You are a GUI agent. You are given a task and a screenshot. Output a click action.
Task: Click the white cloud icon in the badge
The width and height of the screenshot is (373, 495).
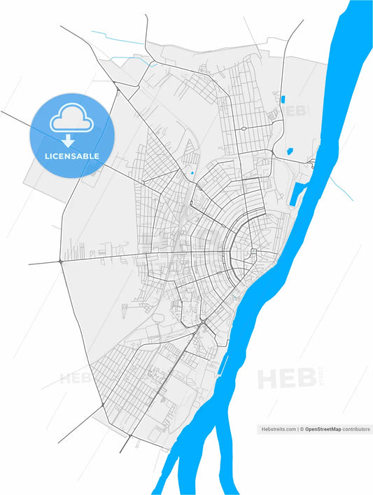pyautogui.click(x=71, y=122)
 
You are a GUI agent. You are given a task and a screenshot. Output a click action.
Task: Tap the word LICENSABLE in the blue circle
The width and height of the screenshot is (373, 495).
pyautogui.click(x=71, y=156)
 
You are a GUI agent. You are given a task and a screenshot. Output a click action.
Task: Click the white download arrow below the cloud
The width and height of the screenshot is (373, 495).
pyautogui.click(x=69, y=140)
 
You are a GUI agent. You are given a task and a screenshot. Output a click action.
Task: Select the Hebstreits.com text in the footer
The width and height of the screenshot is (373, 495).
pyautogui.click(x=277, y=429)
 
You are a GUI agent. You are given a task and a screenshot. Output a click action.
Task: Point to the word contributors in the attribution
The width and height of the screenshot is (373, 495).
pyautogui.click(x=356, y=429)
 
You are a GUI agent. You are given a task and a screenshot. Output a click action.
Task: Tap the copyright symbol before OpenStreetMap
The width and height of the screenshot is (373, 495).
pyautogui.click(x=302, y=429)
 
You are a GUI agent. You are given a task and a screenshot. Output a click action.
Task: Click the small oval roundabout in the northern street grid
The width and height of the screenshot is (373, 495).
pyautogui.click(x=243, y=129)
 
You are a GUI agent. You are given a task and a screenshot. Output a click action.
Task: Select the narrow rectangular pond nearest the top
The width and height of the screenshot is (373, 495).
pyautogui.click(x=283, y=98)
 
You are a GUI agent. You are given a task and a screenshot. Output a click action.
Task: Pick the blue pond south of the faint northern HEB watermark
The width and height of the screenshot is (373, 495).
pyautogui.click(x=290, y=150)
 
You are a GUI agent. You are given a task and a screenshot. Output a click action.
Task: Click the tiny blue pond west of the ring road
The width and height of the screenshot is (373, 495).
pyautogui.click(x=192, y=172)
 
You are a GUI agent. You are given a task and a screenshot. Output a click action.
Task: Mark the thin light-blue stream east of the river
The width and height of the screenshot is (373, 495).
pyautogui.click(x=341, y=187)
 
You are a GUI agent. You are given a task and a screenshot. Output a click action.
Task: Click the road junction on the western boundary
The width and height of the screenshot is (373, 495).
pyautogui.click(x=61, y=261)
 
